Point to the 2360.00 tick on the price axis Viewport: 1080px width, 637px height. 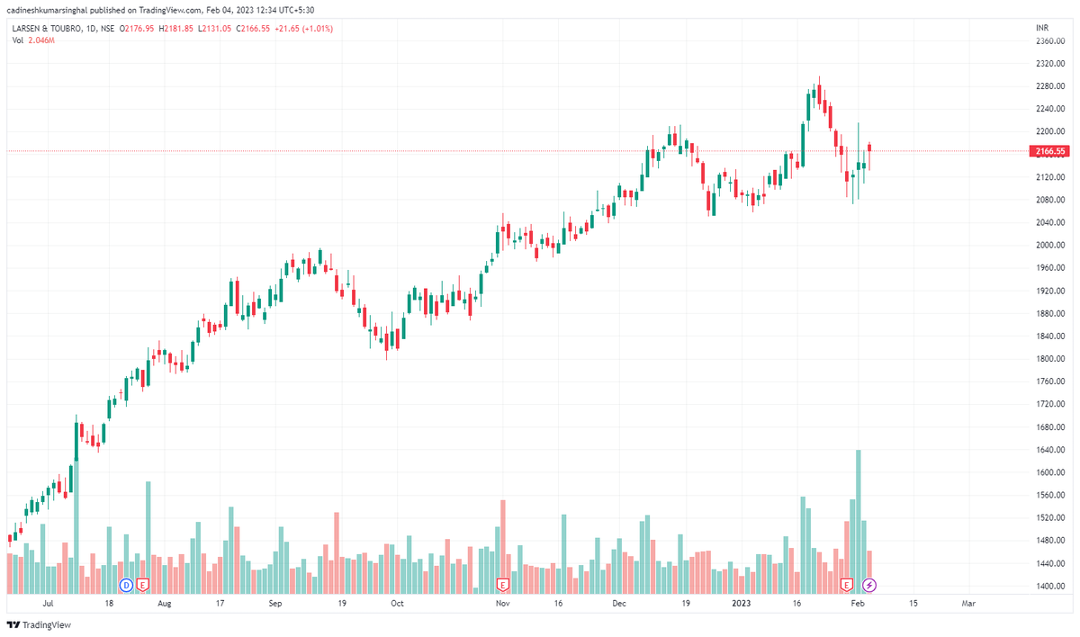[x=1050, y=41]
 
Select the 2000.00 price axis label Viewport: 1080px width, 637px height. [x=1050, y=246]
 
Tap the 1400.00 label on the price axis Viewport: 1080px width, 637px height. [x=1050, y=587]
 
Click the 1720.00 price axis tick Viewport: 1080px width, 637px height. [x=1050, y=405]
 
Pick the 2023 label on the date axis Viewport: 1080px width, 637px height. [x=742, y=603]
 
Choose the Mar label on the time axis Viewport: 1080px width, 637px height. [x=968, y=603]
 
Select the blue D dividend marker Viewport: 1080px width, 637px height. [x=127, y=585]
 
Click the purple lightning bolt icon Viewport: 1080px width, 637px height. [x=870, y=585]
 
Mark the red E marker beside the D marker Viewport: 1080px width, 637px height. [x=142, y=585]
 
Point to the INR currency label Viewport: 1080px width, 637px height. [x=1043, y=29]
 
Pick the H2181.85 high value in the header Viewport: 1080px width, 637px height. [x=175, y=29]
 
